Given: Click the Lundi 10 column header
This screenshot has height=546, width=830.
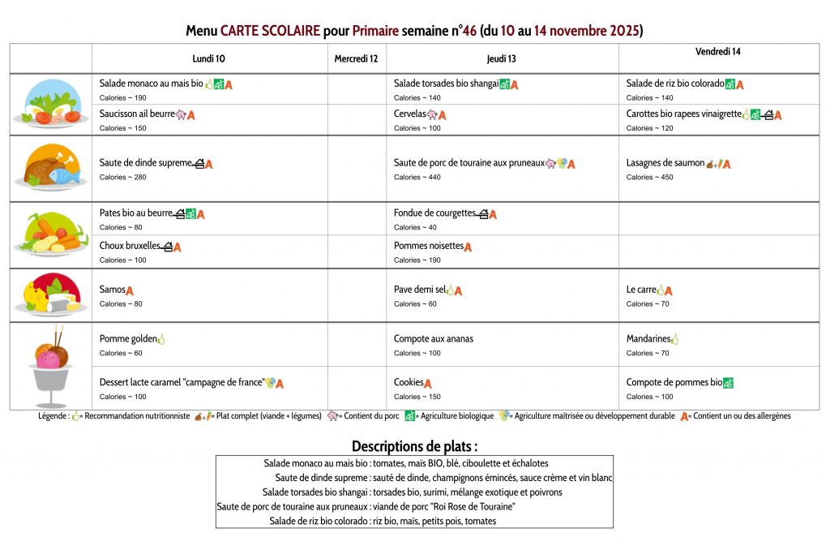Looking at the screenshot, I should [209, 58].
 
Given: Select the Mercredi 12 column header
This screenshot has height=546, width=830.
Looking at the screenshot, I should [356, 58].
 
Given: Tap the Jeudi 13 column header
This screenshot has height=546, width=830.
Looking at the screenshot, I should [501, 58].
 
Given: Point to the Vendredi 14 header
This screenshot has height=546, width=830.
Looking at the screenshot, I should [717, 52].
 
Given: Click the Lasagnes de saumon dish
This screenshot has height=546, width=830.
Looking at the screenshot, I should [665, 163].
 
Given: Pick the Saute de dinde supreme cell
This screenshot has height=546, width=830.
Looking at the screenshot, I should [145, 163].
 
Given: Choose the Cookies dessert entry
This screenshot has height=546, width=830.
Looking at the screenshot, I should [409, 382].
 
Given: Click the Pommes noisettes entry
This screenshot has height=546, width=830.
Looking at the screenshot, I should [429, 246].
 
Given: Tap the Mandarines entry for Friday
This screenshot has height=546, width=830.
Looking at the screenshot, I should [648, 338].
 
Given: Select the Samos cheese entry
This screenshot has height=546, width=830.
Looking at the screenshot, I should [113, 290].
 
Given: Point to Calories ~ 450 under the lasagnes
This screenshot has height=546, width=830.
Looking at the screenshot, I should [650, 177].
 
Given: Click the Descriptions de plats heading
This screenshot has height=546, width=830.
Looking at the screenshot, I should [414, 446].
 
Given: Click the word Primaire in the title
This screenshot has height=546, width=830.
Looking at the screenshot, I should [375, 32].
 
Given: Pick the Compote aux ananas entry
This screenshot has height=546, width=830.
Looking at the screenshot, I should [434, 338].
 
